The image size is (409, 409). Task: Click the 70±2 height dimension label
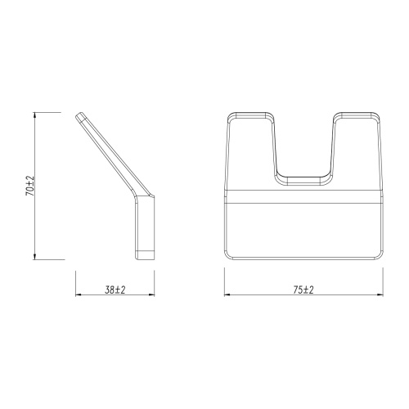click(30, 187)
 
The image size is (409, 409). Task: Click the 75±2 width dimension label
click(303, 288)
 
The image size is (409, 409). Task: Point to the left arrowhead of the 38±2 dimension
click(79, 294)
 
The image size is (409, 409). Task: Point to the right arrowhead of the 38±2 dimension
click(152, 294)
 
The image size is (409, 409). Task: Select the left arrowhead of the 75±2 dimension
click(227, 294)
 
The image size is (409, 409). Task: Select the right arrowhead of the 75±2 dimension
click(381, 294)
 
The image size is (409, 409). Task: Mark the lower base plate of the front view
click(303, 229)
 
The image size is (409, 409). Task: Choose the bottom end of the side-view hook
click(145, 256)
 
